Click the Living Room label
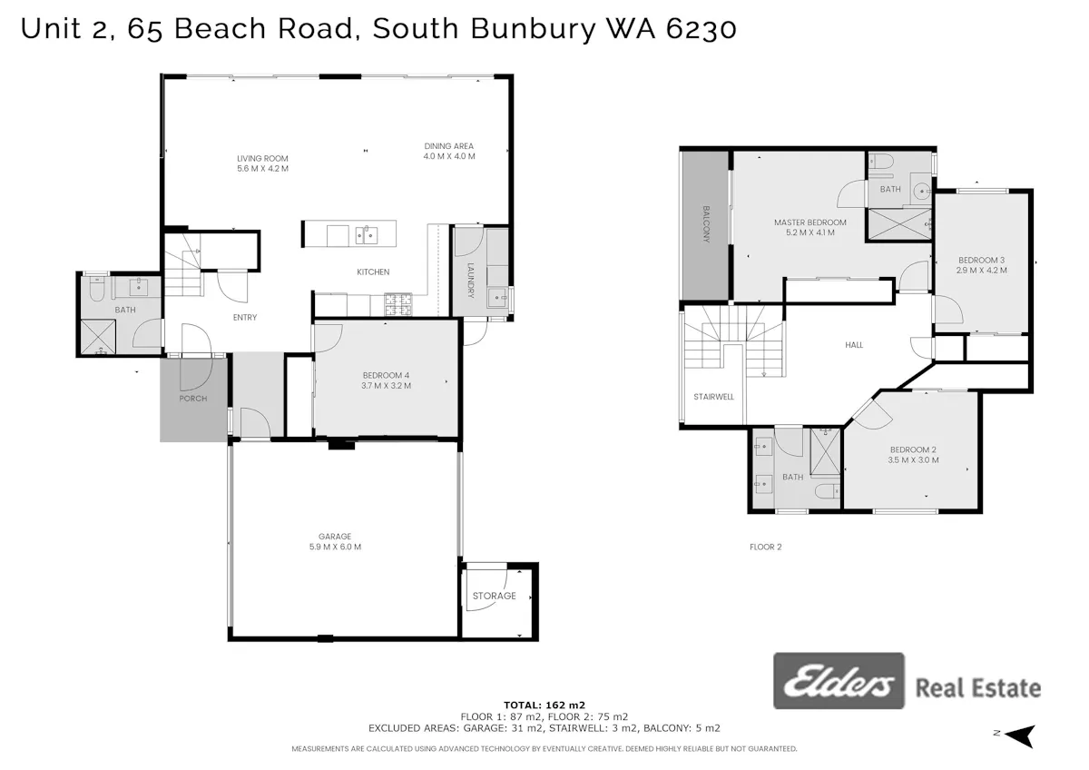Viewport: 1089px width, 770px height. [x=262, y=159]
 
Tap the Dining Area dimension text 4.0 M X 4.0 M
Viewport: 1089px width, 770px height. [x=448, y=156]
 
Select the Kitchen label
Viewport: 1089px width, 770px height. [x=373, y=271]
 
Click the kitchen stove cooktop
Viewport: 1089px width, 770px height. [x=398, y=304]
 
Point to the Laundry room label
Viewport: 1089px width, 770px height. [x=470, y=281]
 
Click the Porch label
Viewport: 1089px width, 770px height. [x=193, y=399]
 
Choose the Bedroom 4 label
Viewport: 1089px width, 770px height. [x=386, y=376]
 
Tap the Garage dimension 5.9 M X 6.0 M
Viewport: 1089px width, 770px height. [x=335, y=547]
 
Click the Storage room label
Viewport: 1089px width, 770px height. [x=495, y=596]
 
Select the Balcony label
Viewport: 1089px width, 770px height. [x=706, y=224]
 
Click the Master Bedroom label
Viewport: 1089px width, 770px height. [x=809, y=222]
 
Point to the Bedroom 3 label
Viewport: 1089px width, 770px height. [x=982, y=261]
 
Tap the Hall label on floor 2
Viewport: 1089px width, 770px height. [x=854, y=345]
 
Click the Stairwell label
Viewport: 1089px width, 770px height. [x=713, y=397]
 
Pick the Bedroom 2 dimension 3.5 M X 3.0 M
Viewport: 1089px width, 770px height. [x=913, y=459]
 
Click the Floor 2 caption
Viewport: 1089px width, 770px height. [x=766, y=547]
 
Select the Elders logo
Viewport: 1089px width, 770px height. [x=839, y=680]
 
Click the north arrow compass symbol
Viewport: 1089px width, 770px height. [x=1019, y=736]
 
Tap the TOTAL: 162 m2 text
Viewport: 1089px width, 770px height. [x=544, y=705]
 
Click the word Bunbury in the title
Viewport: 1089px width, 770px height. [x=534, y=29]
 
